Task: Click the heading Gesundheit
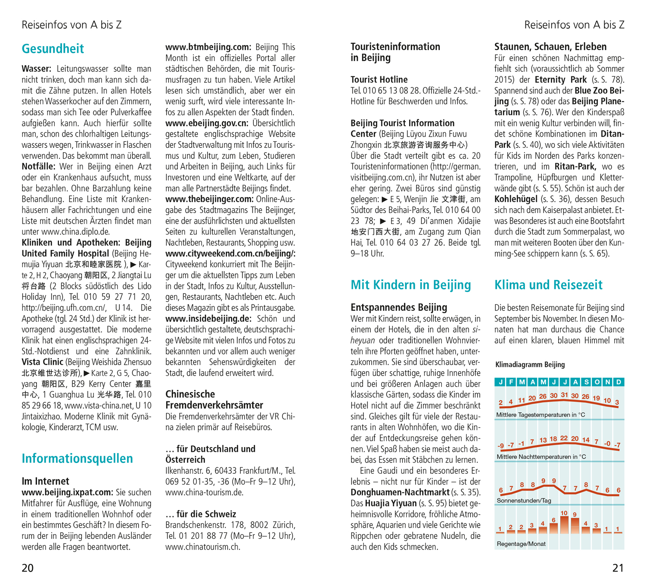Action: tap(53, 49)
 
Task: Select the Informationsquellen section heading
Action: tap(77, 458)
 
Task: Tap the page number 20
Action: tap(28, 568)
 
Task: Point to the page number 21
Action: tap(618, 568)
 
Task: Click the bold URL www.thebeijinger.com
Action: tap(209, 199)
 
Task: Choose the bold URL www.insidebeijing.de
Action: tap(208, 319)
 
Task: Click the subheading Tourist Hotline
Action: tap(379, 79)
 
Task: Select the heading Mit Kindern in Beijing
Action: tap(410, 285)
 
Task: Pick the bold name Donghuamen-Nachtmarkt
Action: tap(400, 492)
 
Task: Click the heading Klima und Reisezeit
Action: tap(548, 285)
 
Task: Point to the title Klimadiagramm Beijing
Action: tap(530, 365)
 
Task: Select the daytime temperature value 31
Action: tap(564, 395)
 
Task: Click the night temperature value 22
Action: tap(564, 438)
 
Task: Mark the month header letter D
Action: tap(619, 382)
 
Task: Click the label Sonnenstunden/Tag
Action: tap(524, 501)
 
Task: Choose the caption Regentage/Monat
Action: tap(521, 544)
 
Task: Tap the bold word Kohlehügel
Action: tap(516, 199)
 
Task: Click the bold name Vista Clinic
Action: tap(43, 362)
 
